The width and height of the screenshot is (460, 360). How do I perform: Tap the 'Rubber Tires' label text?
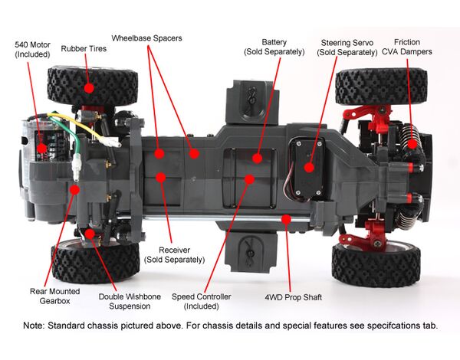(x=84, y=48)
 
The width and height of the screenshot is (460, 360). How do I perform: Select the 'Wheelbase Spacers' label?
(x=146, y=38)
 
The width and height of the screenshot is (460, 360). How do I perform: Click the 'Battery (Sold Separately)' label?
(x=274, y=47)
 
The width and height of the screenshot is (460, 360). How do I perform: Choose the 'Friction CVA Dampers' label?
(x=413, y=47)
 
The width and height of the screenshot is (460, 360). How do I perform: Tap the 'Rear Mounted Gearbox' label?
(x=54, y=295)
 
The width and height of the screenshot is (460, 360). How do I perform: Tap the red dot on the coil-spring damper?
(x=412, y=142)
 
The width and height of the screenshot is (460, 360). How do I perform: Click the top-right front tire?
(x=380, y=86)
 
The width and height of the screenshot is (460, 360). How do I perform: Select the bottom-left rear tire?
(x=85, y=260)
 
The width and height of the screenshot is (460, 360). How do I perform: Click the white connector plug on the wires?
(x=78, y=162)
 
